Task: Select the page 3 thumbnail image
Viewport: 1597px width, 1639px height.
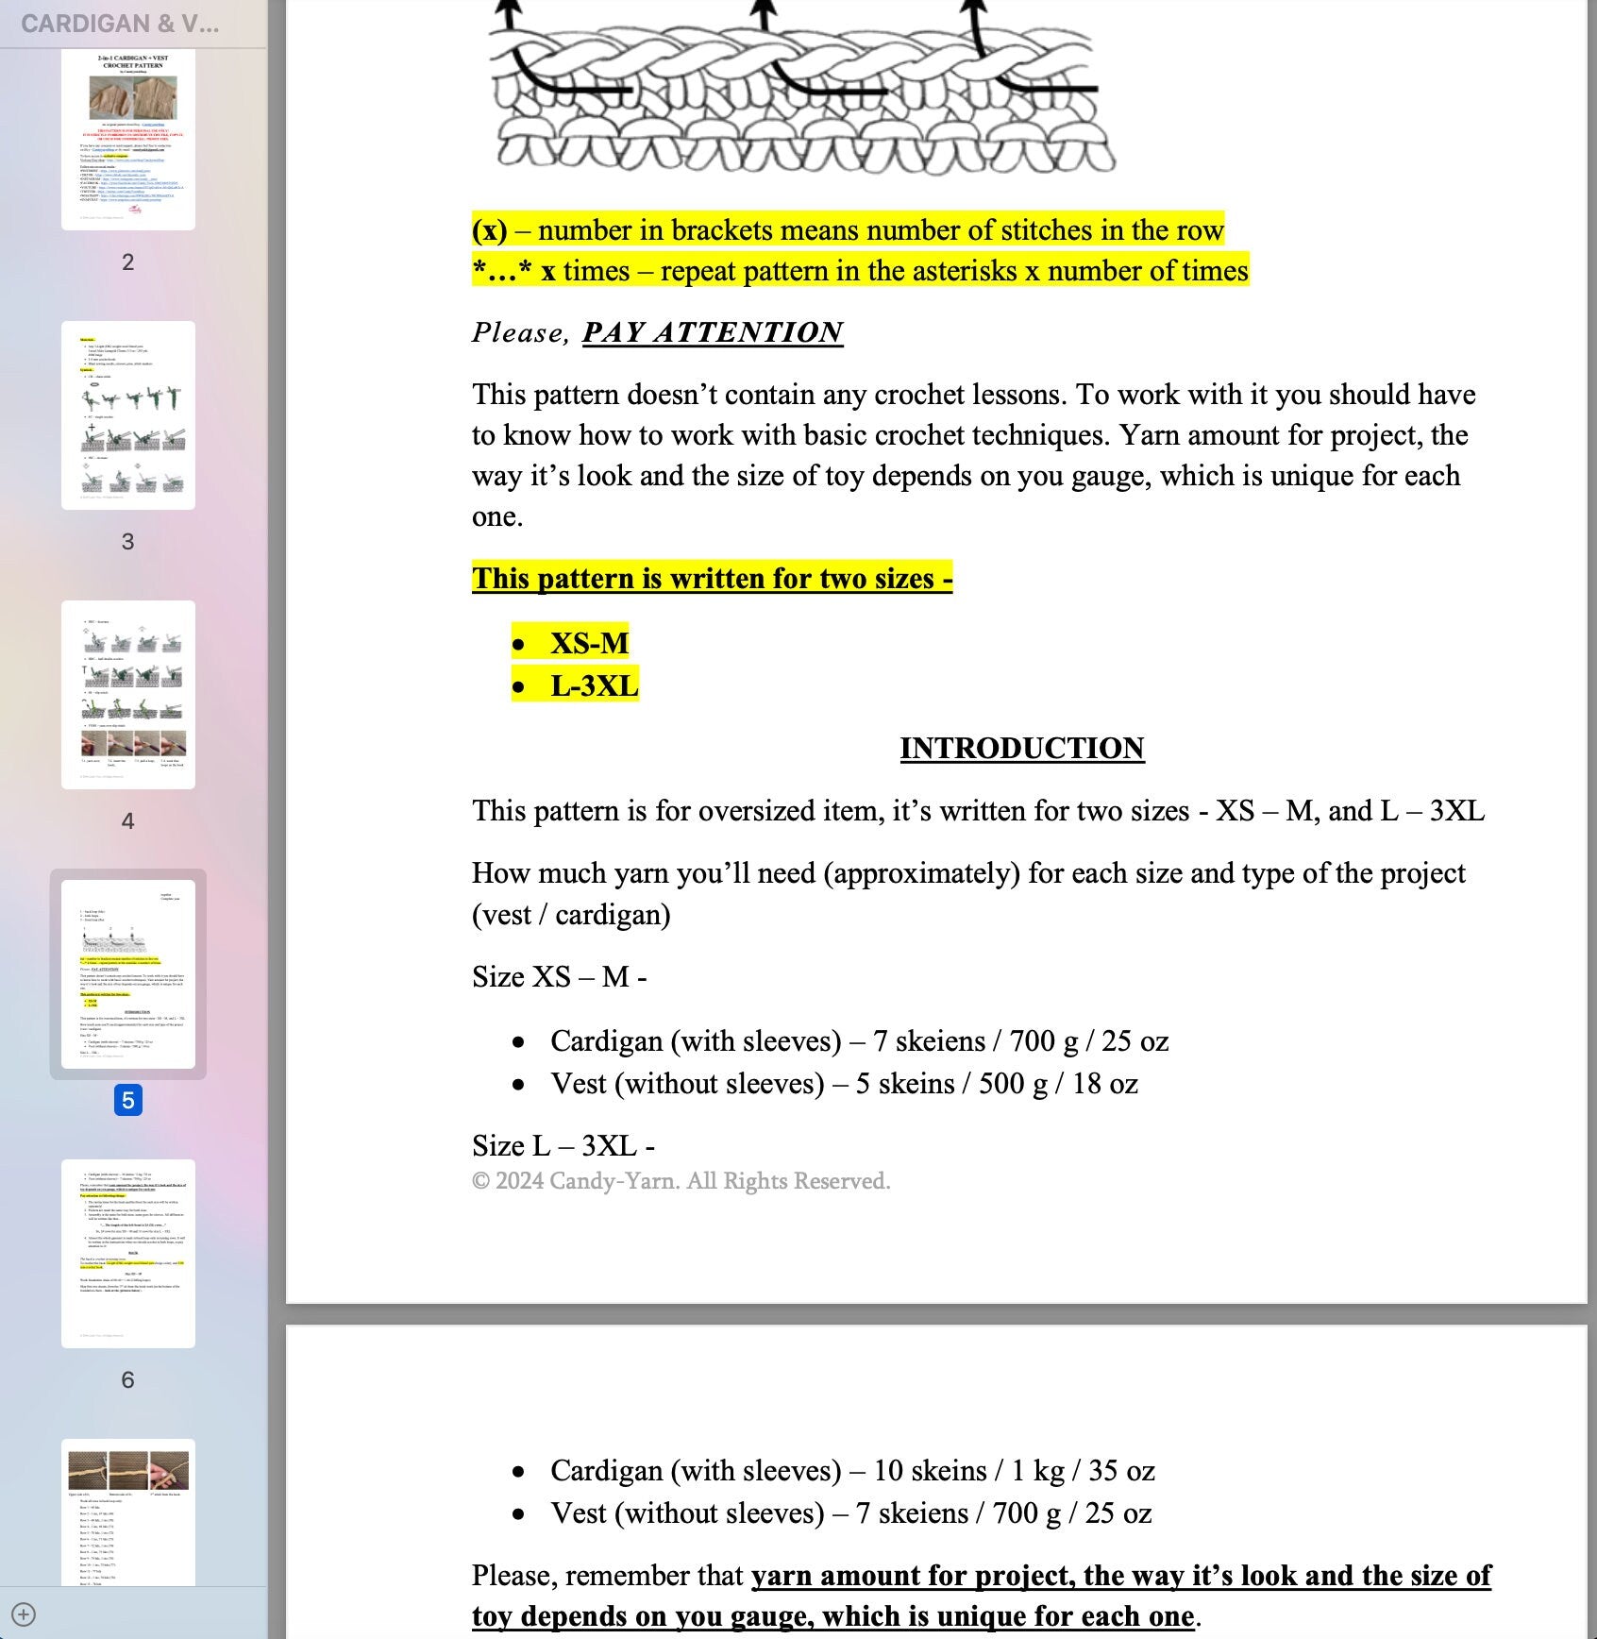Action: tap(128, 415)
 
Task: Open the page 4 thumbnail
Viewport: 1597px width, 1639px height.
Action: tap(128, 694)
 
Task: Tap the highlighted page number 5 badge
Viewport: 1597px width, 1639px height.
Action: tap(128, 1100)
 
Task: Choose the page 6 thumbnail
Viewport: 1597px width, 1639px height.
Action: tap(128, 1253)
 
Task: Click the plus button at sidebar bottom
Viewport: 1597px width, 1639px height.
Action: tap(24, 1614)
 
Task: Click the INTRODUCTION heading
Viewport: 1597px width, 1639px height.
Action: tap(1021, 748)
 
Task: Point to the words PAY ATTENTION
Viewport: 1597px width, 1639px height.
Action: tap(713, 332)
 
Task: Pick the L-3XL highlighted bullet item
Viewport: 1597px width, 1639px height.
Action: tap(594, 685)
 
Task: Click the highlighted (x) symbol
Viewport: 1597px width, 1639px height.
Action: tap(489, 230)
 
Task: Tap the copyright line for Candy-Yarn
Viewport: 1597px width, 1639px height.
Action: tap(681, 1181)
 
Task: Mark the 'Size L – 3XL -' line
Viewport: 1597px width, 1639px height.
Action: tap(563, 1145)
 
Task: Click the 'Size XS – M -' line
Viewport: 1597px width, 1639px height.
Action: tap(559, 977)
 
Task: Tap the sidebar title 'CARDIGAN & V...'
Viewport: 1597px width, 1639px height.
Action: tap(120, 24)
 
